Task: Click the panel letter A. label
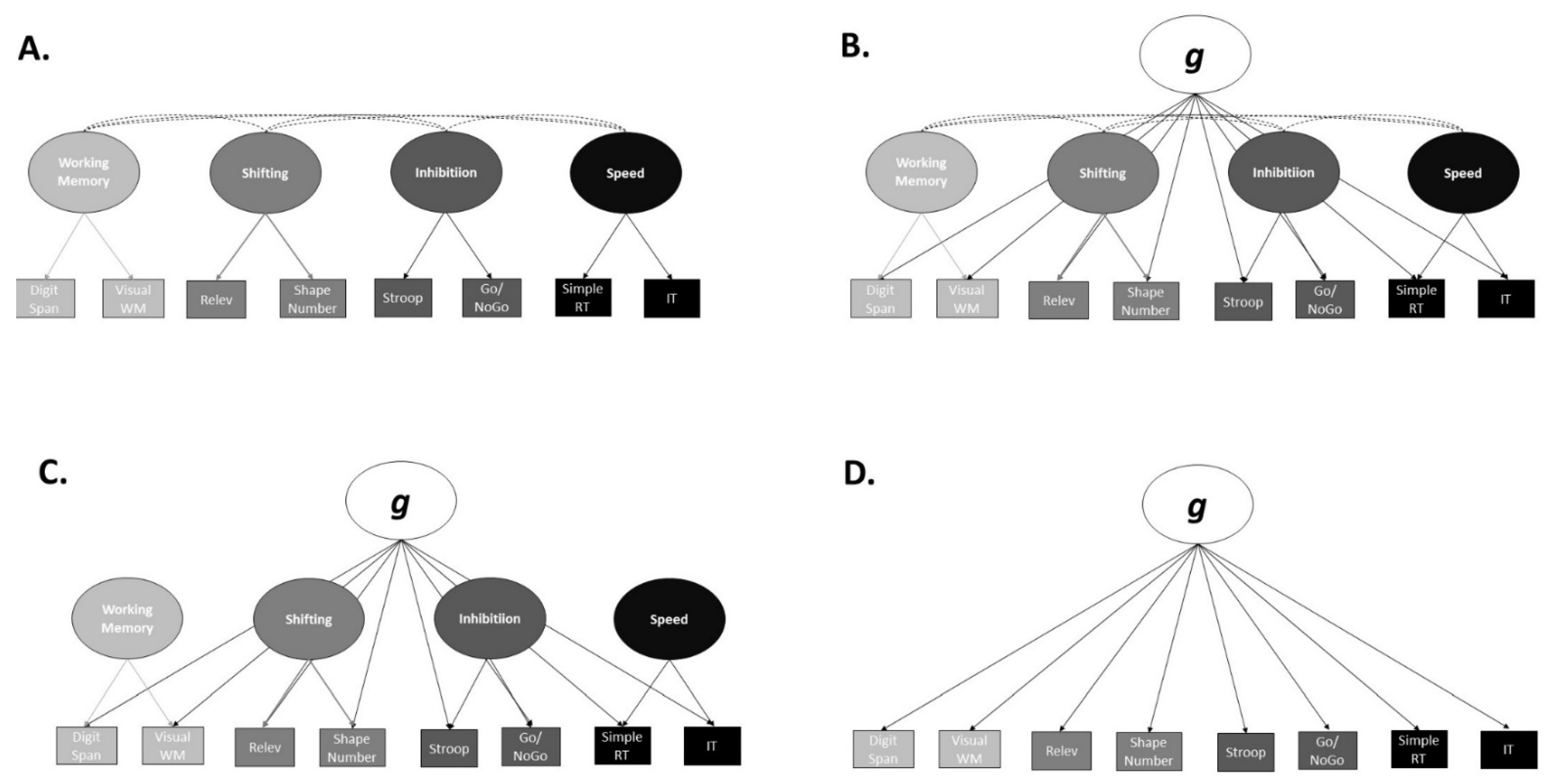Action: pyautogui.click(x=33, y=48)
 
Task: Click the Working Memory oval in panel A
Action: pyautogui.click(x=84, y=172)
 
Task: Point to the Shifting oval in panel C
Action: pyautogui.click(x=308, y=619)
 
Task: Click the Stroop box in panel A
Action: pyautogui.click(x=403, y=298)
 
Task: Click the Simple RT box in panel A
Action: pyautogui.click(x=583, y=297)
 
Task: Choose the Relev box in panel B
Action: pyautogui.click(x=1059, y=300)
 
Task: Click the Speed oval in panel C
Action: pyautogui.click(x=669, y=619)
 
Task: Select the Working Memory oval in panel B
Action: pyautogui.click(x=921, y=172)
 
